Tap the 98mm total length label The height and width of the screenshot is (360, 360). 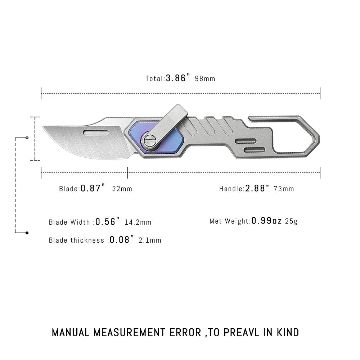(205, 78)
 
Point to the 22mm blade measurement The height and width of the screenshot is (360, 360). (122, 189)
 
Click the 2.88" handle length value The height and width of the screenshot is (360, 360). (257, 188)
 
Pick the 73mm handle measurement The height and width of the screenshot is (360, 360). (284, 189)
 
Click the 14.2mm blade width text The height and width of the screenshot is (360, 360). (138, 222)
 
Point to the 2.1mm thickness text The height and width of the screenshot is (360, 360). (150, 240)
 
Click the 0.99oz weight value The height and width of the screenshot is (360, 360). (266, 221)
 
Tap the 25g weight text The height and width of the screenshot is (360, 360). (291, 221)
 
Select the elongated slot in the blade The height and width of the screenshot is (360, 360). (96, 132)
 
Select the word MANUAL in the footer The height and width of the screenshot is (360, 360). (71, 332)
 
